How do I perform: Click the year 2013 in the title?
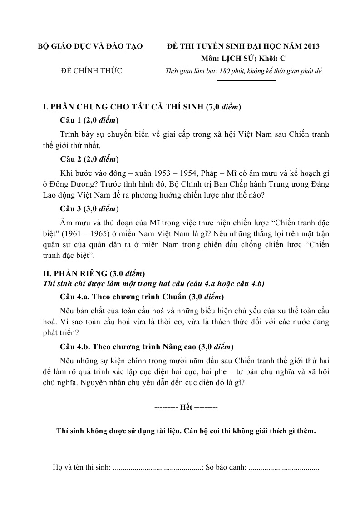[x=311, y=46]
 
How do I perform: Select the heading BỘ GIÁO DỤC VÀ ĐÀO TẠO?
[x=90, y=46]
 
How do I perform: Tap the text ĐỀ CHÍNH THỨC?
[x=91, y=70]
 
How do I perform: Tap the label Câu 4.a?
[x=75, y=297]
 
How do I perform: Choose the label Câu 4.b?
[x=75, y=347]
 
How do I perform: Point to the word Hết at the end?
[x=186, y=407]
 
